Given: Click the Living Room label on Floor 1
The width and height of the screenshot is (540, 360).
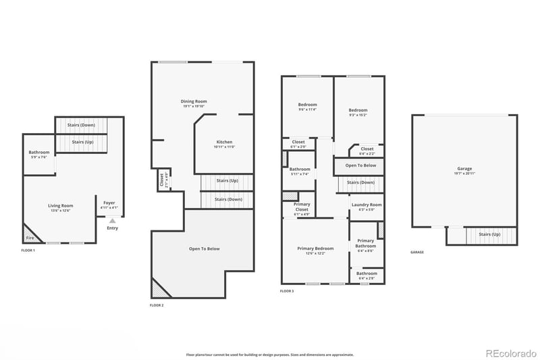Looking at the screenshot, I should tap(60, 205).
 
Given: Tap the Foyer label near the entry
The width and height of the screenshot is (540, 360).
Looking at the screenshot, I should tap(109, 203).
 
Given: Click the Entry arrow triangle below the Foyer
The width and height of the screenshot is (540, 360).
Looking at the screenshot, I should tap(113, 220).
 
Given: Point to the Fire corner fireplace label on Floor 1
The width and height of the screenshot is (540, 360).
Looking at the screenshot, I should tap(30, 238).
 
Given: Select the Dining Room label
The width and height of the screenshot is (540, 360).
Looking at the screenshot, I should tap(193, 101).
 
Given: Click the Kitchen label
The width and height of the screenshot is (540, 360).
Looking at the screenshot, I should tap(223, 142).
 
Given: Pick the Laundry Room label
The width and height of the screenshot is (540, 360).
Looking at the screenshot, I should tap(367, 205).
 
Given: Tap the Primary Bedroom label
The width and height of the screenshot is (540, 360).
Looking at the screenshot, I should tap(315, 249).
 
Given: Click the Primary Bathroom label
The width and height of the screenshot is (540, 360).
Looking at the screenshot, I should tap(365, 243).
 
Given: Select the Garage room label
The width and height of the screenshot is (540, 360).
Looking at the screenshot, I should tap(464, 168).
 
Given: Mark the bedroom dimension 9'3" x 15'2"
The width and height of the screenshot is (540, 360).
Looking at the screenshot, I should tap(358, 115).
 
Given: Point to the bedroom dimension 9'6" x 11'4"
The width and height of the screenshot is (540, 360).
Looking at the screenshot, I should tap(308, 109).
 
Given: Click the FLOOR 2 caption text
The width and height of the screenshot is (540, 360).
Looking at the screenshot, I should tap(157, 305).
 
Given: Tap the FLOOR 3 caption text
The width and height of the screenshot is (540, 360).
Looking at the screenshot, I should tap(287, 291).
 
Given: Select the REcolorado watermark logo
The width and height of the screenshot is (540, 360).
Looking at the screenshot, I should tap(510, 353).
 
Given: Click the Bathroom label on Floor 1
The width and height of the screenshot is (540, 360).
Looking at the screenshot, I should tap(39, 152).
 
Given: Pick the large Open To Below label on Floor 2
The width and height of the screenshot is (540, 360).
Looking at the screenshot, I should tap(204, 249).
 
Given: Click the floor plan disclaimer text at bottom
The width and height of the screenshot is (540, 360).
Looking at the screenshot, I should tap(270, 354).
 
